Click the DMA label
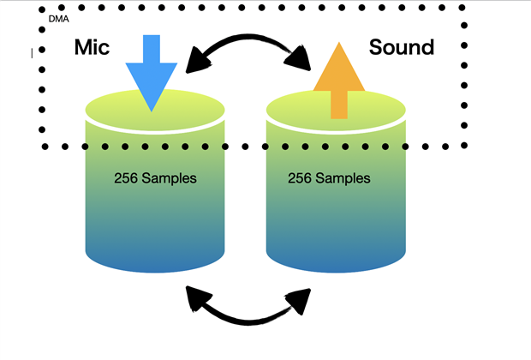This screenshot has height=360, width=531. pyautogui.click(x=60, y=19)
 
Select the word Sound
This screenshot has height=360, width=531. pyautogui.click(x=401, y=47)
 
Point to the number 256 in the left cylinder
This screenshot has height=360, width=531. pyautogui.click(x=125, y=179)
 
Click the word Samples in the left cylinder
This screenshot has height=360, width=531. pyautogui.click(x=168, y=179)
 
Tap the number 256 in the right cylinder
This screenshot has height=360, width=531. pyautogui.click(x=299, y=179)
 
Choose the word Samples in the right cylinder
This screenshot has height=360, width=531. pyautogui.click(x=342, y=179)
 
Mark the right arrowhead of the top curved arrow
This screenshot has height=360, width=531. pyautogui.click(x=300, y=60)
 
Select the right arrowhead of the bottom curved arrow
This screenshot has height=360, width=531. pyautogui.click(x=300, y=299)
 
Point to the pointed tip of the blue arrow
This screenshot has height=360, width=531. pyautogui.click(x=151, y=109)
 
